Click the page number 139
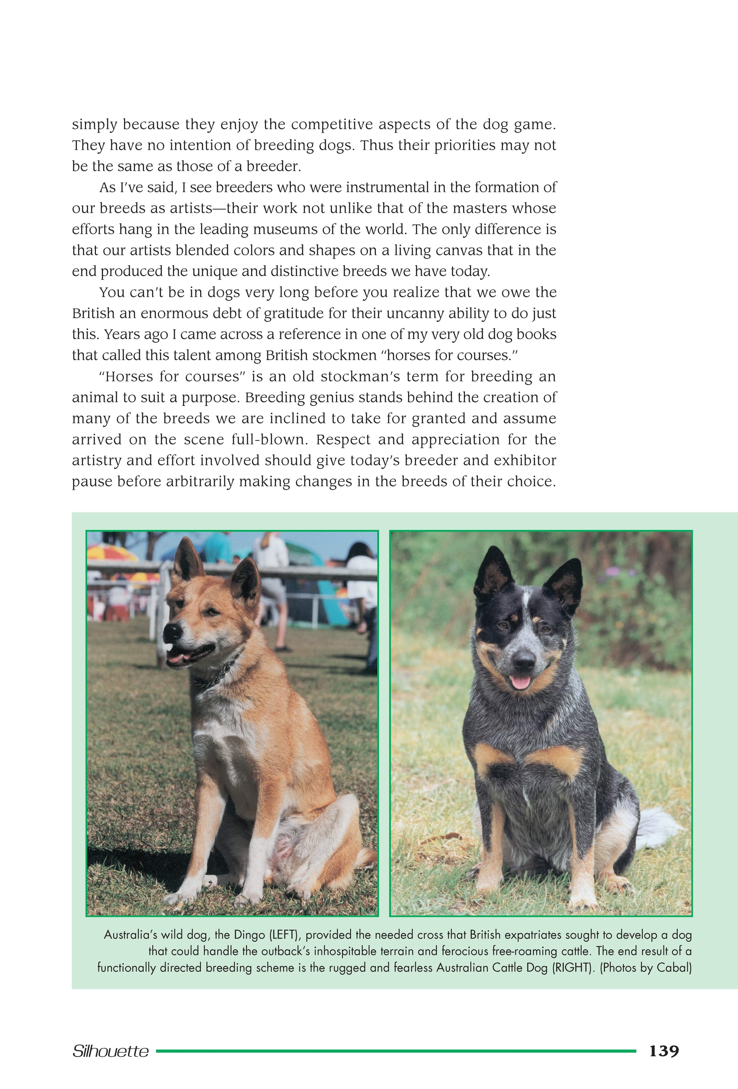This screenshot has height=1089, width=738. pos(664,1051)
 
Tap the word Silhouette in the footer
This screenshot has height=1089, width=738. pos(111,1051)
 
